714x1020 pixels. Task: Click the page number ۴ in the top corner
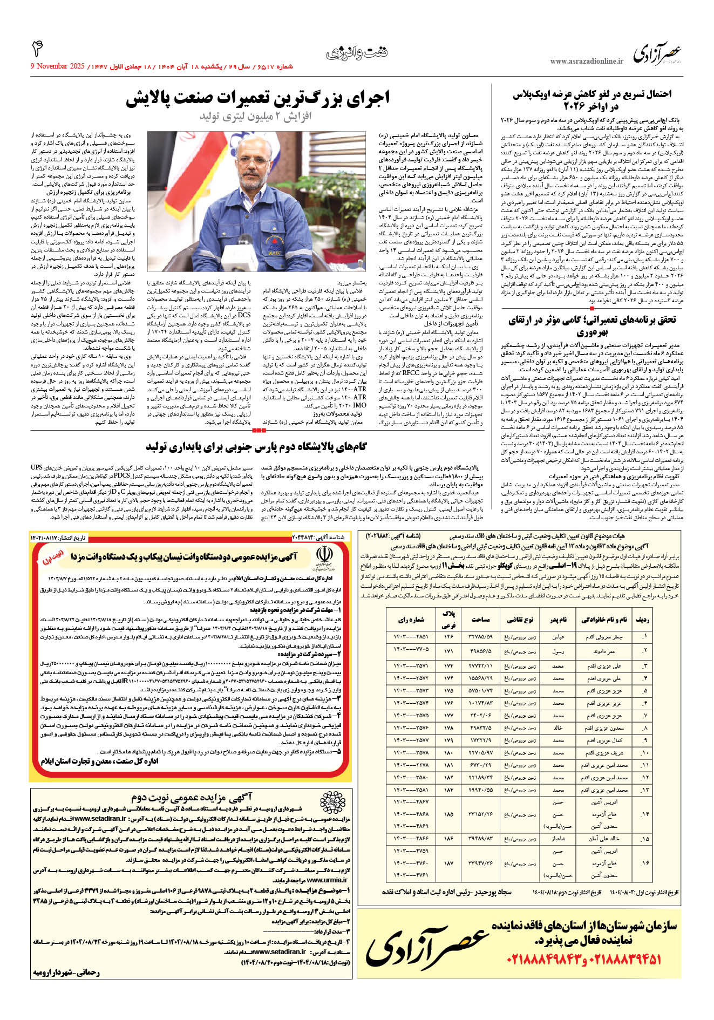(37, 49)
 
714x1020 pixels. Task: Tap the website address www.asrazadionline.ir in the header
(586, 62)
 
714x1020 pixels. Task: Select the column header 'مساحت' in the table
(481, 619)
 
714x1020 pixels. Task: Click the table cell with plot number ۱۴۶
(448, 637)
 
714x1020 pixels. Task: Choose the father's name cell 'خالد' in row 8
(557, 728)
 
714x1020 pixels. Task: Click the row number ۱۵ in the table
(644, 839)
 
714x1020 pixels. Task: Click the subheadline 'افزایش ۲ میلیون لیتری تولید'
(255, 117)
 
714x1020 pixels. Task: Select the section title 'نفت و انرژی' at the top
(357, 53)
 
